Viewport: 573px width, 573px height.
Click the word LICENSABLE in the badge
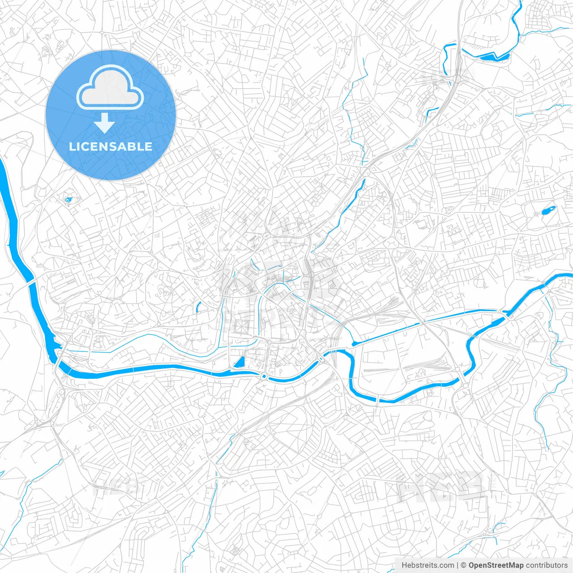111,146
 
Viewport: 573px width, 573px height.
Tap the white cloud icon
110,87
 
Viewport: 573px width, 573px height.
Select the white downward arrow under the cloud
105,123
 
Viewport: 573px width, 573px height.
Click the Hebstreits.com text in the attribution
428,565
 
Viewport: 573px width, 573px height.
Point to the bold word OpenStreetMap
496,565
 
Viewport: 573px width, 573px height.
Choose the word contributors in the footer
546,565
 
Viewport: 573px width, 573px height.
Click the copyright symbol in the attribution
463,565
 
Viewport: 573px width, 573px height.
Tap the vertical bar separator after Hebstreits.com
458,565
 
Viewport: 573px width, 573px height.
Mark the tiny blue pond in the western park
68,200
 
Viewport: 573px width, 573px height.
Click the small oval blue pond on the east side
547,210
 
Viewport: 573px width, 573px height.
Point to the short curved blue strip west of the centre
198,307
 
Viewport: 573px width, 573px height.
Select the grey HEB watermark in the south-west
117,486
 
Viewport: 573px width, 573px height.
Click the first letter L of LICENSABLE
72,146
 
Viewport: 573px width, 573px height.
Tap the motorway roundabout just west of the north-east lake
456,78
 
